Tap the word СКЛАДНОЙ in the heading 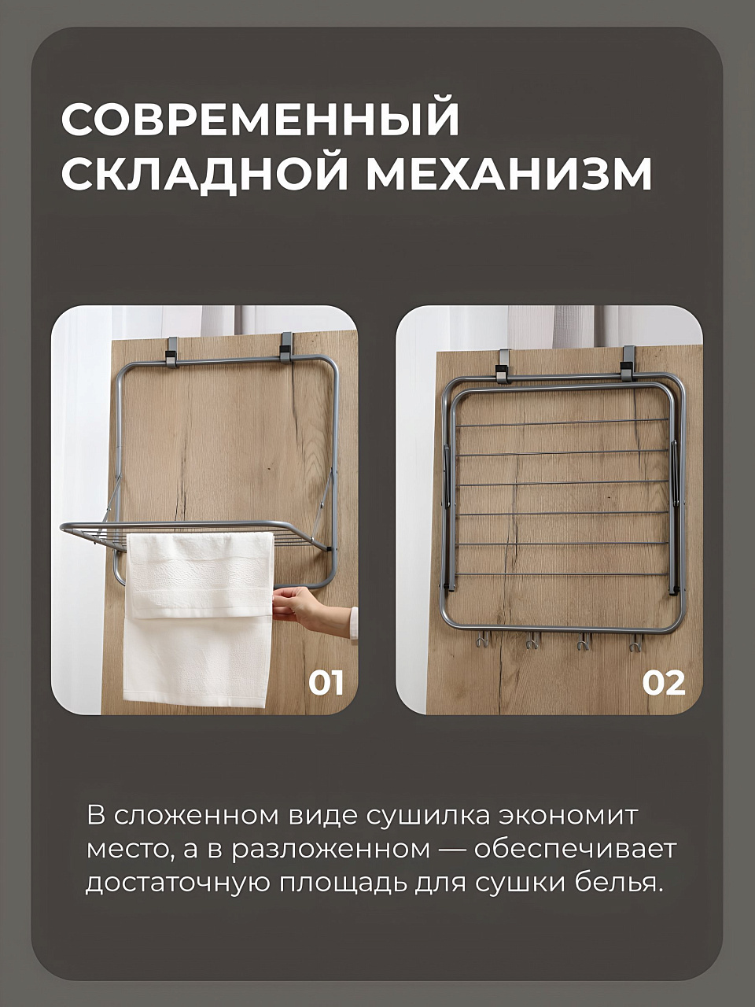click(x=204, y=174)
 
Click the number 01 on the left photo click(x=326, y=684)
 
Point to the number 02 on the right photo click(x=663, y=684)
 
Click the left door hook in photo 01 click(x=173, y=352)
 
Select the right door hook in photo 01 click(x=285, y=347)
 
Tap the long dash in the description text click(x=452, y=851)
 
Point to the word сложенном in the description click(x=195, y=817)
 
